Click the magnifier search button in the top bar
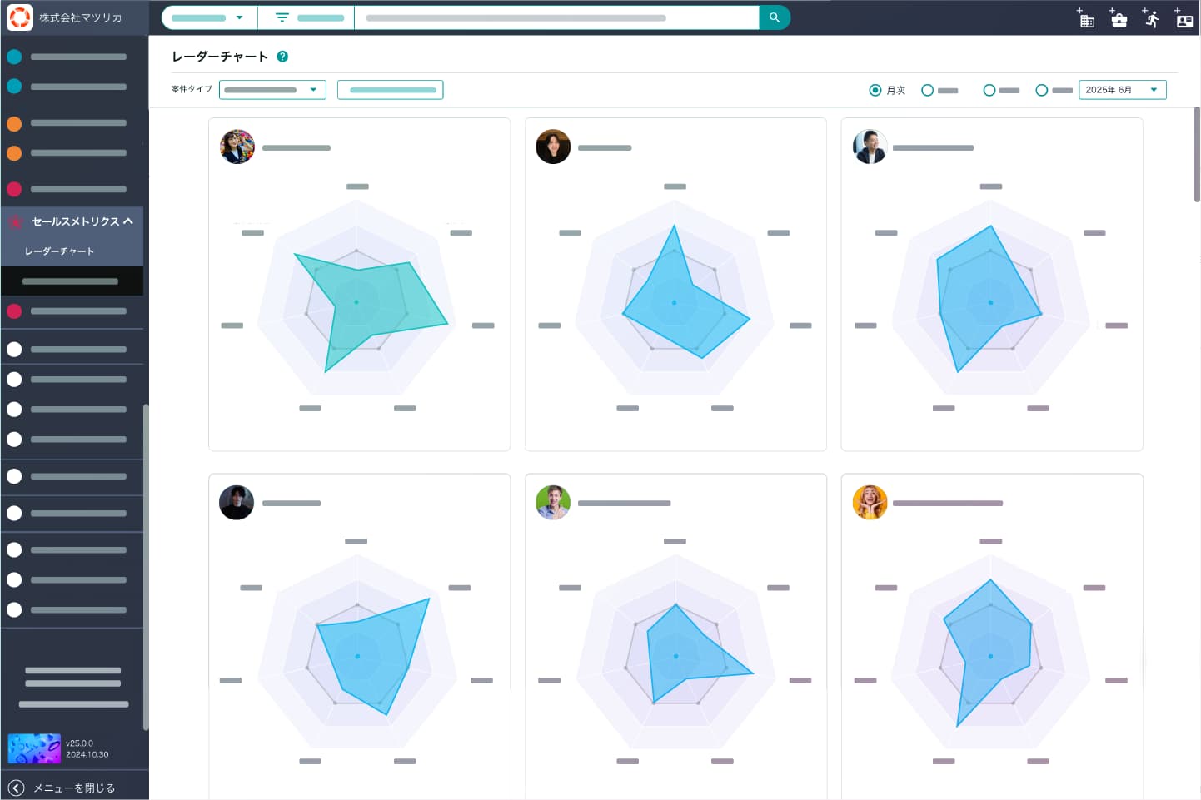775,17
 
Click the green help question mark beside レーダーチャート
282,57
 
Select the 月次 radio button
875,90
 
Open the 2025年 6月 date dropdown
1122,90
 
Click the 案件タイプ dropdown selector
272,90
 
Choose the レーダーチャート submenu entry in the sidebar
59,251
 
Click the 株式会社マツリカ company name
81,17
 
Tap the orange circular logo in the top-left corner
20,17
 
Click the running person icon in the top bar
1152,18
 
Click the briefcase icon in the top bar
1119,19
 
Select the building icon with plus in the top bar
1086,19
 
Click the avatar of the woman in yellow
870,503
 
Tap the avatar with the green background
553,503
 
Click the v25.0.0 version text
80,743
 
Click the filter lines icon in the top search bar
282,17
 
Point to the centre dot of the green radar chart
356,302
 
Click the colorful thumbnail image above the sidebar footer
34,748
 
